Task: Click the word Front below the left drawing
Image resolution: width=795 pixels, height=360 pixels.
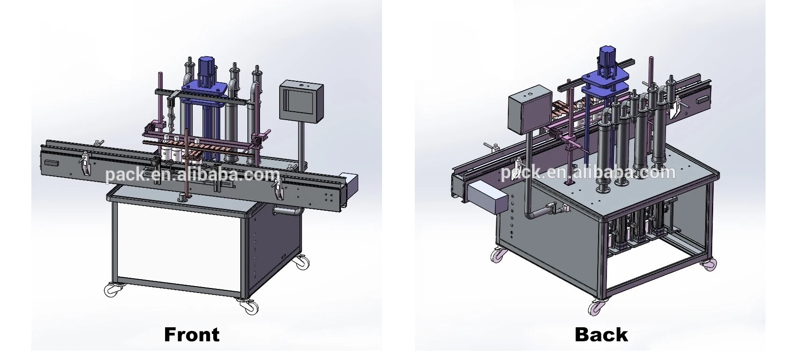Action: click(192, 334)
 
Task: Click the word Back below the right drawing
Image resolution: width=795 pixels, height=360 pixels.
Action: click(601, 334)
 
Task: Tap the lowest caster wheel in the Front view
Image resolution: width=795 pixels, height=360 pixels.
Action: click(249, 306)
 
